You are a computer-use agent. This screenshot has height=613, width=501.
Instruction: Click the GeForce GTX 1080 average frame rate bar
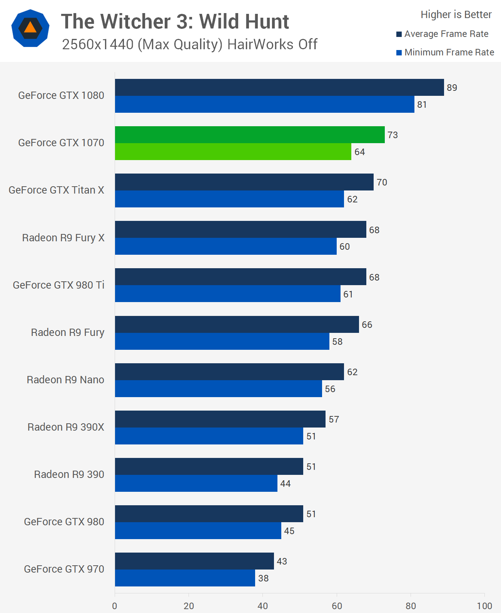pos(279,87)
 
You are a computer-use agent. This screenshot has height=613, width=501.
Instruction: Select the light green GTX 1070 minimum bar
pos(233,152)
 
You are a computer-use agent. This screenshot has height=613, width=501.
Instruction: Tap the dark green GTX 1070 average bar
pos(250,135)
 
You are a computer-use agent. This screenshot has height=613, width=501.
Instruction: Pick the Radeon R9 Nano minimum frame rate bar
pos(219,389)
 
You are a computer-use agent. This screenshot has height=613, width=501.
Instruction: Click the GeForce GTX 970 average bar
pos(194,561)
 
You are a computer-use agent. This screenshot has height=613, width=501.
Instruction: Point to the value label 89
pos(452,88)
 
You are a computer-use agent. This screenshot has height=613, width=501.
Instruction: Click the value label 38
pos(263,578)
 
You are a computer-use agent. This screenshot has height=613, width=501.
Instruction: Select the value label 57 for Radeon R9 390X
pos(334,419)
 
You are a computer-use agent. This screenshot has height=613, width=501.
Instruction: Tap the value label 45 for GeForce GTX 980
pos(289,531)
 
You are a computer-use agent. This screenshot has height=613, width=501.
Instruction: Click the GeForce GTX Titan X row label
pos(56,190)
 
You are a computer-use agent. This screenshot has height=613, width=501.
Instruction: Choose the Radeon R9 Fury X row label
pos(63,238)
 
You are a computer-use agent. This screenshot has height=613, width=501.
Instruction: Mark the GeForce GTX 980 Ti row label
pos(58,285)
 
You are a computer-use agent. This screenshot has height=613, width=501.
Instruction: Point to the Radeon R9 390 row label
pos(69,474)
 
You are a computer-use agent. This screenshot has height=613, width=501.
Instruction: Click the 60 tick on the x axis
pos(337,606)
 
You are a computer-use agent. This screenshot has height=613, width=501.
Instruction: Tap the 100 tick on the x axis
pos(484,606)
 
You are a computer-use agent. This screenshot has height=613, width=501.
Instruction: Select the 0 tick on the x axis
pos(115,606)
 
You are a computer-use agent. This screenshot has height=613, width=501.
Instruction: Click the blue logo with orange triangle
pos(30,28)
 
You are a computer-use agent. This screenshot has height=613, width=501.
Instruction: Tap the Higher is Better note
pos(456,15)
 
